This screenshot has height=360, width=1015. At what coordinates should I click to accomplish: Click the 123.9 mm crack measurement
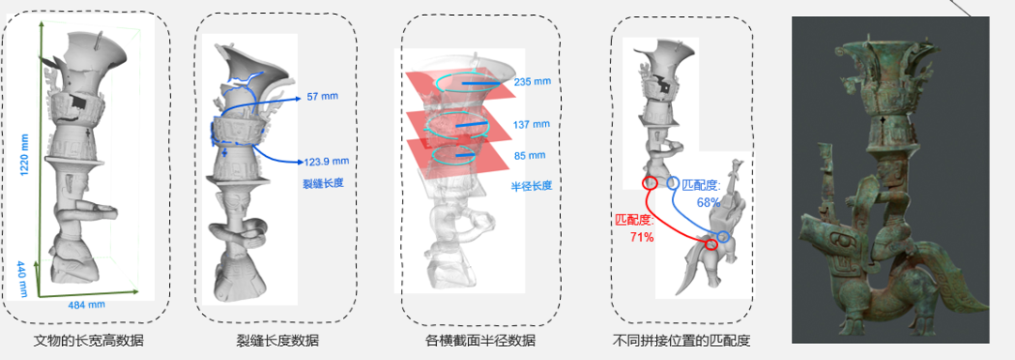click(x=328, y=161)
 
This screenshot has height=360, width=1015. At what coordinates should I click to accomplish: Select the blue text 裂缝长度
click(x=322, y=182)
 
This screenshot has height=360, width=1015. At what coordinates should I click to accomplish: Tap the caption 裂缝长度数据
click(x=277, y=339)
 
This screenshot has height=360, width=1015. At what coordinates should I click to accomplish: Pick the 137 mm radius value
click(x=529, y=124)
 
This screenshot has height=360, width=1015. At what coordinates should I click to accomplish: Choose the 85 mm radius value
click(x=529, y=155)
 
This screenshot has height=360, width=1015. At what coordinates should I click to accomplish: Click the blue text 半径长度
click(x=529, y=186)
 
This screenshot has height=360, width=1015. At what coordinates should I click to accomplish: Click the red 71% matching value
click(x=641, y=238)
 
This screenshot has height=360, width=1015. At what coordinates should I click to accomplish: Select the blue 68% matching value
click(x=710, y=202)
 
